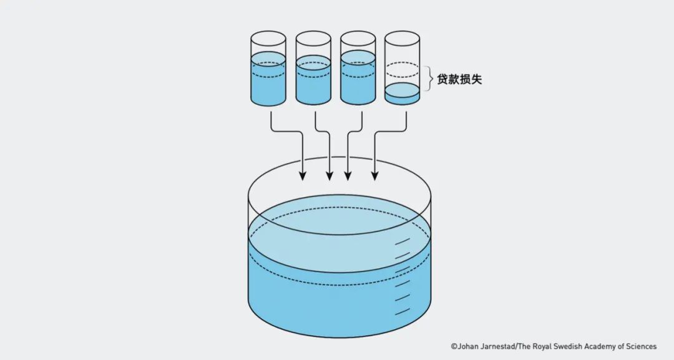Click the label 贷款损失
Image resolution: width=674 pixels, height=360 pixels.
[459, 79]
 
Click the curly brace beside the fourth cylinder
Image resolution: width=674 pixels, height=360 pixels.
[429, 79]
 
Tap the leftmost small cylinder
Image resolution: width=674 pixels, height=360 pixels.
[268, 69]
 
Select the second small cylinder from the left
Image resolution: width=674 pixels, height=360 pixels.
[313, 69]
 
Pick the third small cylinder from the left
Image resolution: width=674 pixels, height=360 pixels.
[358, 69]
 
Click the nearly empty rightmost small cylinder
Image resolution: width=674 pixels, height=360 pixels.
[402, 69]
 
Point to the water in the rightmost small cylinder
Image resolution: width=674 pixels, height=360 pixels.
[402, 94]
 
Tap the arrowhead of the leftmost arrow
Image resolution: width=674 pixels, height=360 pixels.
[303, 177]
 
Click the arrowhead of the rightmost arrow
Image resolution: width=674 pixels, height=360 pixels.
[375, 177]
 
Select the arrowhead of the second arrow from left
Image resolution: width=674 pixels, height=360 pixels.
[330, 177]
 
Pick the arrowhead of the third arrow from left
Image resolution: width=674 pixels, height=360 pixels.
[348, 177]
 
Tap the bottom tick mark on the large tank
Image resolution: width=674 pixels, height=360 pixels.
[403, 311]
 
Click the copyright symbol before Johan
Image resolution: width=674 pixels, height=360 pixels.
[454, 346]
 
